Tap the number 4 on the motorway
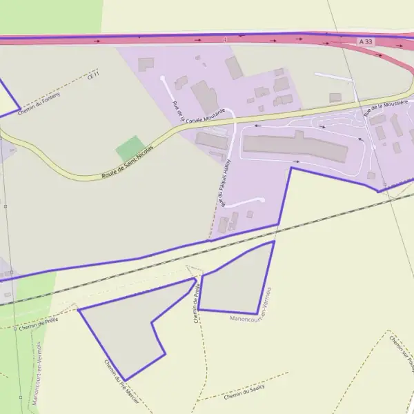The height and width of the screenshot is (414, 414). tap(224, 39)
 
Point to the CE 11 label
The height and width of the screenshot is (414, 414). tap(94, 75)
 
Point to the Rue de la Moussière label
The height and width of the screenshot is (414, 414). tap(386, 110)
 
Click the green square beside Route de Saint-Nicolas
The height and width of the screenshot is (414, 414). tap(130, 148)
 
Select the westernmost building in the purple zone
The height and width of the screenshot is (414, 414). tap(146, 64)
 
